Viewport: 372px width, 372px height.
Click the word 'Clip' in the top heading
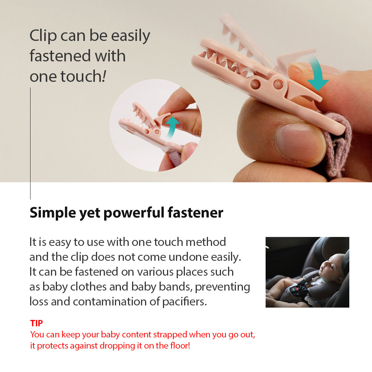pyautogui.click(x=43, y=36)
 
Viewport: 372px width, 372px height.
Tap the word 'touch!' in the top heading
pyautogui.click(x=83, y=76)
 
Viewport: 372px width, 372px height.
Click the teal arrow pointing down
pyautogui.click(x=317, y=74)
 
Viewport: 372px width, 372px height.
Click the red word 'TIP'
pyautogui.click(x=36, y=323)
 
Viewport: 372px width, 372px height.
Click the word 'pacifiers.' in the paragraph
pyautogui.click(x=185, y=302)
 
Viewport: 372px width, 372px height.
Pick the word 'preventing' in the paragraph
pyautogui.click(x=222, y=287)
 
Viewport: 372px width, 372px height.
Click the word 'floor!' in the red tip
pyautogui.click(x=180, y=346)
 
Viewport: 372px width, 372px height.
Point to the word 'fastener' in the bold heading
pyautogui.click(x=196, y=212)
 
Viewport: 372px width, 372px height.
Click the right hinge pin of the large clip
pyautogui.click(x=278, y=84)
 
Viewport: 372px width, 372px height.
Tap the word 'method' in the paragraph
pyautogui.click(x=206, y=242)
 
